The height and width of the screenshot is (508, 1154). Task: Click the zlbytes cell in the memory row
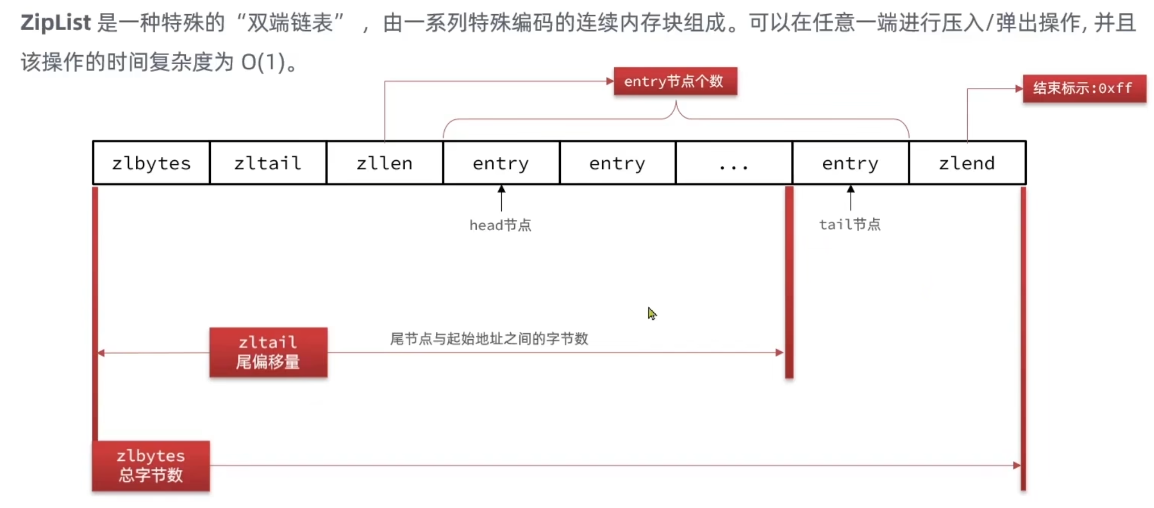151,163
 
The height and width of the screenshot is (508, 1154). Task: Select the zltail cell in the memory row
268,163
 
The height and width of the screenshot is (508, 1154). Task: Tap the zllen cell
384,163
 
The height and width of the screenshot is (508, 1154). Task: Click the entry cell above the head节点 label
501,163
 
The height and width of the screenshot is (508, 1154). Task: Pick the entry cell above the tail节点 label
850,163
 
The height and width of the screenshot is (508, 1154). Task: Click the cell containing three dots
734,163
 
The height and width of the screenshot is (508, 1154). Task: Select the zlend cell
967,163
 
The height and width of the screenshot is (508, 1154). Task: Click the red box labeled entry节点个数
675,81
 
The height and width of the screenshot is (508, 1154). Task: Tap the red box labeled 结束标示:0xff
1084,88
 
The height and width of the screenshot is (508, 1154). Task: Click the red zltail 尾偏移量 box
268,352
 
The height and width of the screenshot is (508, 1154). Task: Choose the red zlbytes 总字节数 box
151,465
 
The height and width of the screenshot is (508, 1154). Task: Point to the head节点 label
500,226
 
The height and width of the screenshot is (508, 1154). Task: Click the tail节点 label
849,225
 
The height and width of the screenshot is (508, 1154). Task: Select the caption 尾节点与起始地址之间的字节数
489,339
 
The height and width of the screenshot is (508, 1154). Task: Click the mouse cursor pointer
651,313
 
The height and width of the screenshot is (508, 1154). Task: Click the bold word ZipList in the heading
55,23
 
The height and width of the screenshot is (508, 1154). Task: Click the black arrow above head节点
501,197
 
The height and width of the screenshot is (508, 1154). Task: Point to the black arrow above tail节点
851,197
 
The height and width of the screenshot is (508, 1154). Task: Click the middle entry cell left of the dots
617,163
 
